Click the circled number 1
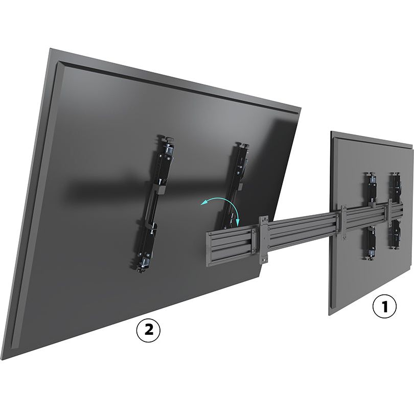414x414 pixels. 384,307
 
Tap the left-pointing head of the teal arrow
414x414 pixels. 203,203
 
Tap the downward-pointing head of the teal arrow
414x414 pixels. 237,223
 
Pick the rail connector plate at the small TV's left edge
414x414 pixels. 344,222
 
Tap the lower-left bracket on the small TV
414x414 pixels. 372,242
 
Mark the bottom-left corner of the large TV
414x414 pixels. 2,360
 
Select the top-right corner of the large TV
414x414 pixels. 301,108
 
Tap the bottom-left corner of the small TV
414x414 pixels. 329,315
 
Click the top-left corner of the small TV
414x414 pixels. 331,131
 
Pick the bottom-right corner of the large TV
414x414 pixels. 260,275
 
